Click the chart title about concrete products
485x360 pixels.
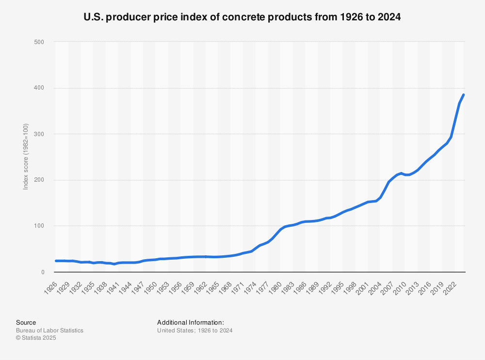pos(242,17)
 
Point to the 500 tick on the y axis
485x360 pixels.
pos(39,42)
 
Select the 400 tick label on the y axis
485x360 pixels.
pos(39,88)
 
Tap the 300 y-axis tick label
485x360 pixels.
pos(39,134)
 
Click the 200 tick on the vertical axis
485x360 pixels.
pos(39,180)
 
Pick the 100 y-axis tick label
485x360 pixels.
pos(39,226)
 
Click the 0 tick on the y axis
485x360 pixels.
pos(42,272)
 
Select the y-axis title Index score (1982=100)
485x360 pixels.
pos(26,156)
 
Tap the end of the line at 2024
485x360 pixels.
pos(464,95)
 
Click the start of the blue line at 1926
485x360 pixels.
pos(56,261)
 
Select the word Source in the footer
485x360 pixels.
pos(26,322)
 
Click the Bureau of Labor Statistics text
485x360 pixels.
pos(49,330)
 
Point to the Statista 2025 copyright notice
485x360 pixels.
pos(36,338)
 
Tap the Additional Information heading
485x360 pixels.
pos(190,322)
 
